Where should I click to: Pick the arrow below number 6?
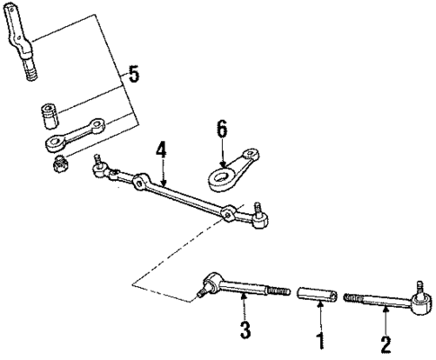[219, 153]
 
